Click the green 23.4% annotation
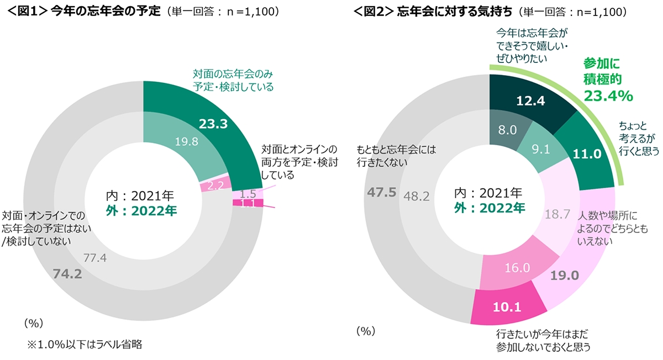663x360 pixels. [608, 96]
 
